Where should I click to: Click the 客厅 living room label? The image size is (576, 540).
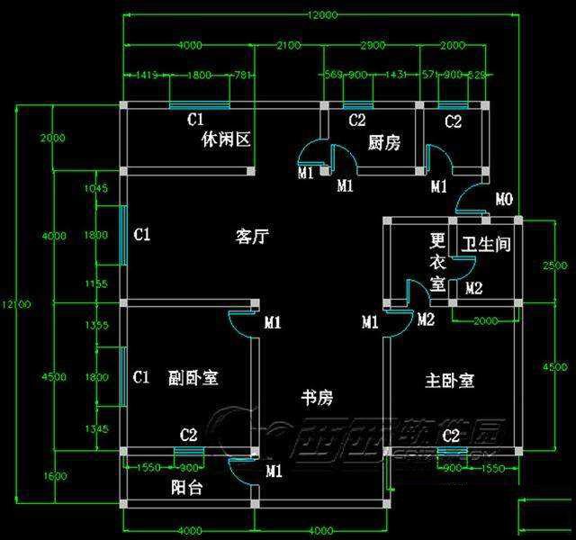[253, 237]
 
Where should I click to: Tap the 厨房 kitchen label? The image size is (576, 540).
[384, 142]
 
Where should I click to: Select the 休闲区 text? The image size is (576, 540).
[225, 140]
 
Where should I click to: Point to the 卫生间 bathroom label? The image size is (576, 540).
[486, 244]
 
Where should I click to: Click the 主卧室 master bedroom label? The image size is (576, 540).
[449, 381]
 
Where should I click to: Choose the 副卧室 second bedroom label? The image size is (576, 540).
[193, 378]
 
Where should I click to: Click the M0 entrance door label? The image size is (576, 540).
[505, 198]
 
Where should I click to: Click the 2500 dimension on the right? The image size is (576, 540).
[555, 265]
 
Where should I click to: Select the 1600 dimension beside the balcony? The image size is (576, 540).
[54, 475]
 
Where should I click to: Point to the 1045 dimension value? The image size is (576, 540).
[95, 189]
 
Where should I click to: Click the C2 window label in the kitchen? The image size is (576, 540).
[357, 120]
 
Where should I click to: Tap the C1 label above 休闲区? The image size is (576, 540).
[195, 119]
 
